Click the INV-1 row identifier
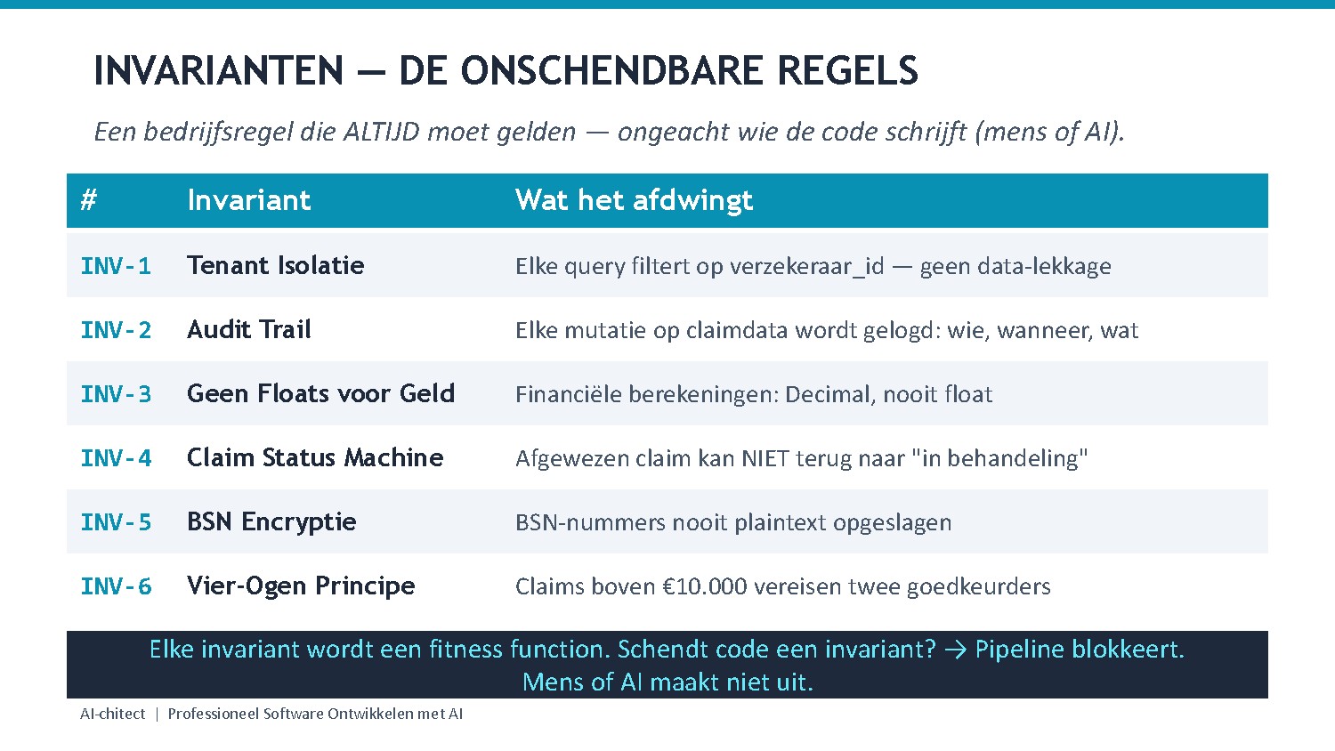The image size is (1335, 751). [116, 266]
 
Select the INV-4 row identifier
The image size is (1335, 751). [116, 458]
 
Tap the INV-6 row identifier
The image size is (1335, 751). [116, 586]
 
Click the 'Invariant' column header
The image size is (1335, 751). [248, 200]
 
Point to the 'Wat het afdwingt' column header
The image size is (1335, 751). [634, 200]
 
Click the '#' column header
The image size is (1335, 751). [88, 200]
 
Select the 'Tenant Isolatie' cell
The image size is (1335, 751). [275, 265]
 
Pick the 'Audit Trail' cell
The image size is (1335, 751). [249, 329]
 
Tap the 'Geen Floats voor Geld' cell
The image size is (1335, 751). [320, 393]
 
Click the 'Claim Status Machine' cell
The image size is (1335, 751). [315, 457]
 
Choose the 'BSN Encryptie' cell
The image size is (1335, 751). [271, 521]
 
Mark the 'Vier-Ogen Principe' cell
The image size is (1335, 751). [301, 585]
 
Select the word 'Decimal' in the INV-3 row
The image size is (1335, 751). [828, 394]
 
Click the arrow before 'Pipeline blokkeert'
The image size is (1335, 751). [955, 650]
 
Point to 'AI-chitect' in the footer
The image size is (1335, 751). [112, 714]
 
